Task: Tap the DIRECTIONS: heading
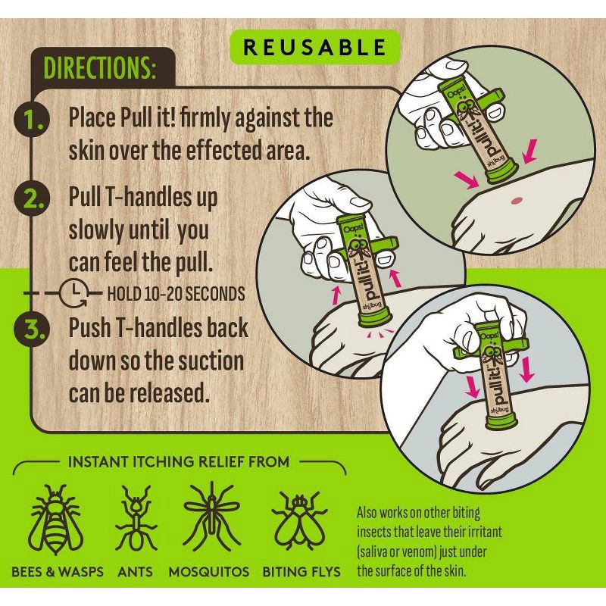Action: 99,69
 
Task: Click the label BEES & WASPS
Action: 57,571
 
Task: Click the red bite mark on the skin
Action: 517,200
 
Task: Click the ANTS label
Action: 136,571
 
